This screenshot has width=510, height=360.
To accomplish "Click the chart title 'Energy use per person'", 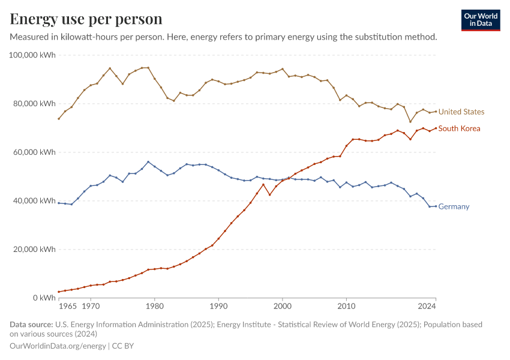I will tap(86, 19).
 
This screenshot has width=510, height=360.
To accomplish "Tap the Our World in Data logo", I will tap(480, 20).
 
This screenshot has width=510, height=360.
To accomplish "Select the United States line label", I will tap(461, 112).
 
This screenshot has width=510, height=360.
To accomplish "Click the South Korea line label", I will tap(459, 128).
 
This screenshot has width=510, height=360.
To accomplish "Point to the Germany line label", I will tap(454, 206).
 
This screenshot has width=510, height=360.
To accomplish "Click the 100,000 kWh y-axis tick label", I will tap(32, 55).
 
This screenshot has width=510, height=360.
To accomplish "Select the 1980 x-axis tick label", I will tap(154, 306).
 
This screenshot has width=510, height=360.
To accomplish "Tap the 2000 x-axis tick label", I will tap(282, 306).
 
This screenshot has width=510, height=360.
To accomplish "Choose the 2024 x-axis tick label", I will tap(427, 306).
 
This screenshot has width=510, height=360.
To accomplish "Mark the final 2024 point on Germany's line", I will tap(436, 206).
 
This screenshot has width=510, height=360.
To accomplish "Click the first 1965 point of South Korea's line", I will tap(58, 292).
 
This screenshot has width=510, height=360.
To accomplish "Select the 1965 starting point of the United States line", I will tap(58, 119).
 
